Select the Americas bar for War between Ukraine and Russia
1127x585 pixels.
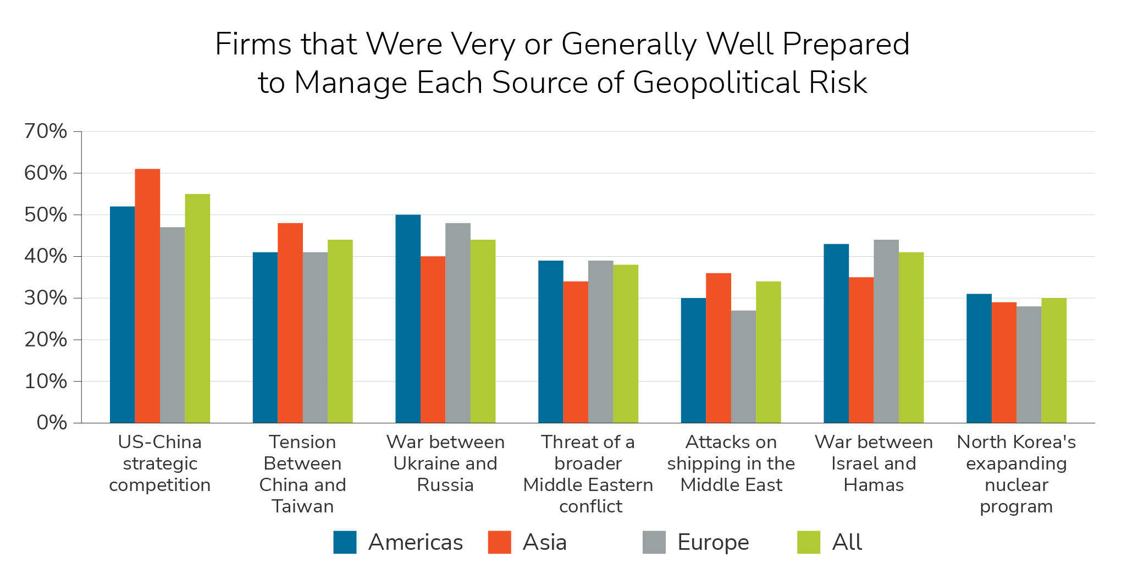[408, 319]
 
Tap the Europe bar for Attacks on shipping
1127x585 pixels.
[743, 367]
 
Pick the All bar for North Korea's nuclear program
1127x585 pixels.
[1053, 360]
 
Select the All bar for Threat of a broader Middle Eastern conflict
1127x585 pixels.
[626, 344]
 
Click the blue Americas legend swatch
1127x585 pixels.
[345, 542]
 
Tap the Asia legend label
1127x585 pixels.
[544, 542]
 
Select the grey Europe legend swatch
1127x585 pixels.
[654, 542]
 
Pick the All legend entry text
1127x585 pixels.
[847, 542]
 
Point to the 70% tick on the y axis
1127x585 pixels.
[46, 131]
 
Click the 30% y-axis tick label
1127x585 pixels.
[46, 298]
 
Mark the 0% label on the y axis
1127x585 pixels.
[52, 423]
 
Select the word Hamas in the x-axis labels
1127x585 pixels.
[874, 485]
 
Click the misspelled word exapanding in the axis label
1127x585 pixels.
[1016, 463]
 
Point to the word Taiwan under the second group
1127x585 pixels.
[302, 506]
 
